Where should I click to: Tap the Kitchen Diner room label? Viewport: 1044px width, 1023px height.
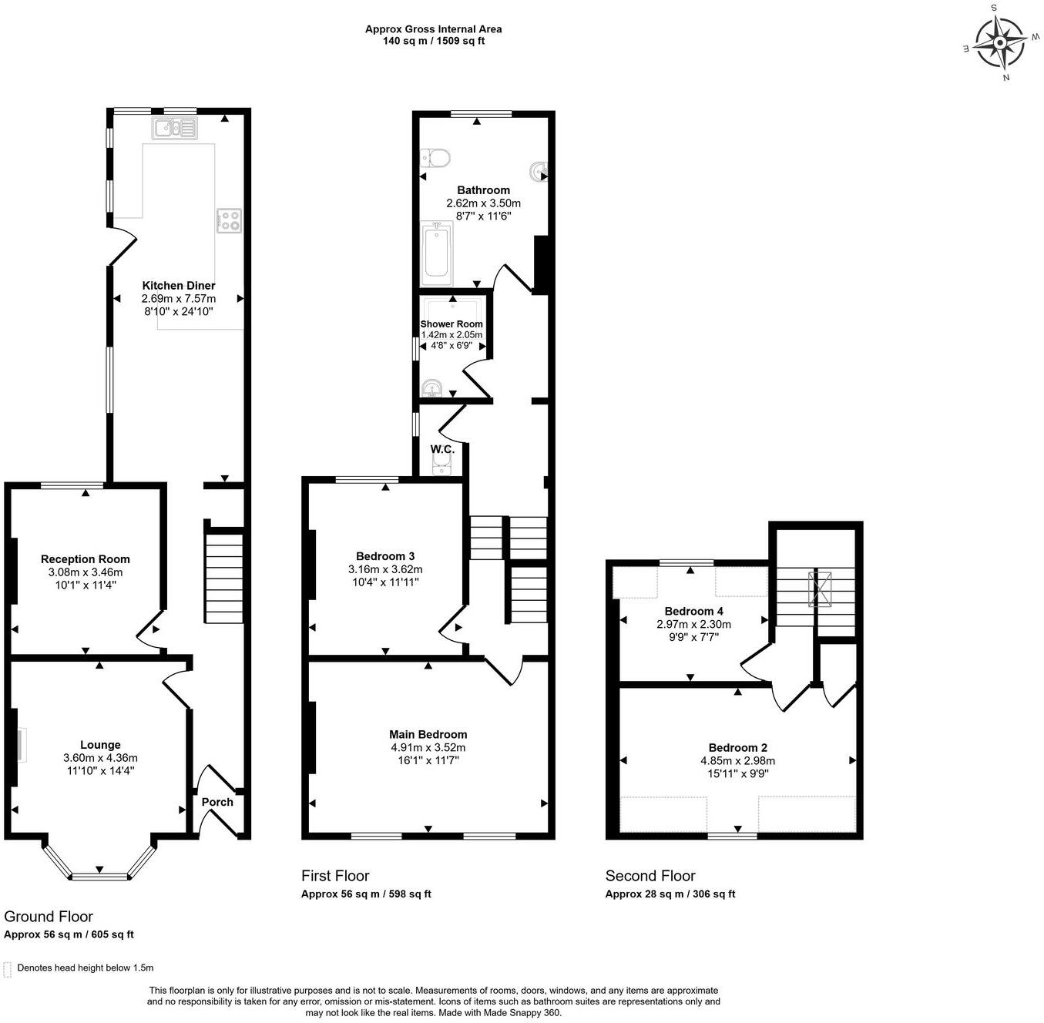click(x=179, y=286)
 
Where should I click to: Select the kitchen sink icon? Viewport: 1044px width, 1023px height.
click(x=175, y=128)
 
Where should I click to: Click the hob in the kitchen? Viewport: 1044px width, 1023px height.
click(x=229, y=220)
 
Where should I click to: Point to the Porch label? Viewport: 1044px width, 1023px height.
click(x=217, y=802)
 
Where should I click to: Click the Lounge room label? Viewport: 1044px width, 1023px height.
click(x=100, y=745)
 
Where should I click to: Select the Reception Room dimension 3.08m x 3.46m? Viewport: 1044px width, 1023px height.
click(x=85, y=572)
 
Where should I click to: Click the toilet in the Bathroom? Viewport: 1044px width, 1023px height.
click(x=436, y=159)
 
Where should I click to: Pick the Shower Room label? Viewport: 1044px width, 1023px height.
click(x=452, y=324)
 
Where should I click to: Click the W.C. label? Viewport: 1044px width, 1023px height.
click(x=442, y=448)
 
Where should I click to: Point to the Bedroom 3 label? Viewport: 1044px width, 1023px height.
click(x=385, y=556)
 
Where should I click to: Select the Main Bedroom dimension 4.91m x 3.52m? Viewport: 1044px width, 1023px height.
click(x=428, y=747)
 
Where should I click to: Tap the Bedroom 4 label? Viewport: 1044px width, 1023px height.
click(x=693, y=611)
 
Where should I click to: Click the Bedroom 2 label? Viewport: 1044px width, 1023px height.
click(x=737, y=747)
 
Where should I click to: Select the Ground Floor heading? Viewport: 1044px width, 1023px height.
click(x=49, y=916)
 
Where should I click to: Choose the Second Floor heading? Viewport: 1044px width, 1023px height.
click(x=650, y=876)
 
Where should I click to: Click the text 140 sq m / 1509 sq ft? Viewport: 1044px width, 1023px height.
click(x=433, y=41)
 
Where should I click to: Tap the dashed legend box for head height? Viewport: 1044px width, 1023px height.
click(x=8, y=968)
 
